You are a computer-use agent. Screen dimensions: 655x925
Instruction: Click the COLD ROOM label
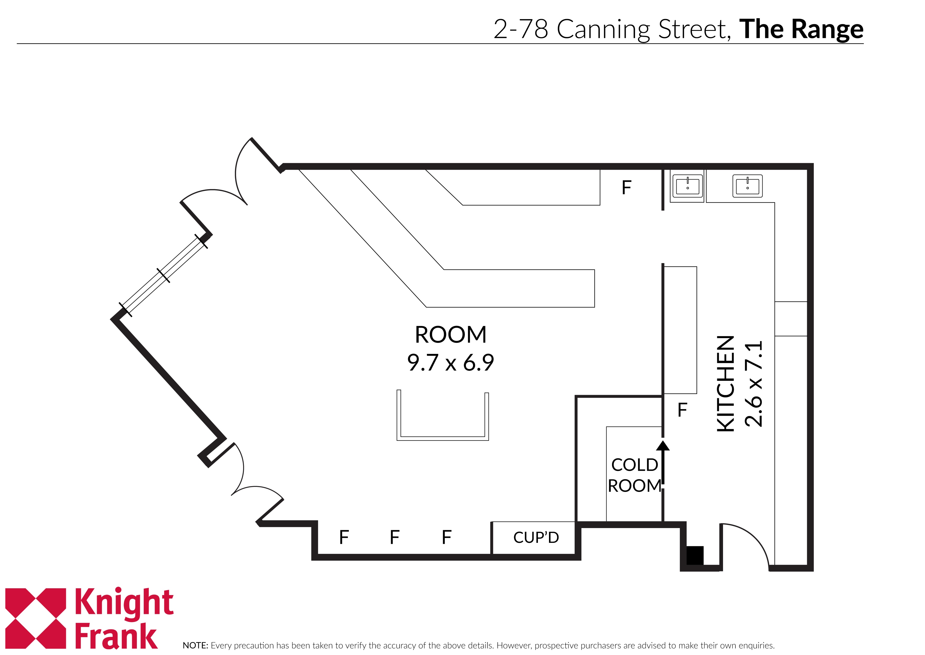coord(634,475)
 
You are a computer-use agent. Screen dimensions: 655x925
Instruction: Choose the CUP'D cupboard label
coord(536,538)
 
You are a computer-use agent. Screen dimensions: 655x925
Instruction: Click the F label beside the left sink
coord(627,188)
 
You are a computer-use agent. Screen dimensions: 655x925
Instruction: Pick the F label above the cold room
coord(682,410)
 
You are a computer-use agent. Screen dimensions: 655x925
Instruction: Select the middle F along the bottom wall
coord(395,537)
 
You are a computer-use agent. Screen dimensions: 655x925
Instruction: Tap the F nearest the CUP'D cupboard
coord(446,537)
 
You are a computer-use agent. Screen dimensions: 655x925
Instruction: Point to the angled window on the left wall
coord(163,276)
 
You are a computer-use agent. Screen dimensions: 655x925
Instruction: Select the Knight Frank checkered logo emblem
coord(35,618)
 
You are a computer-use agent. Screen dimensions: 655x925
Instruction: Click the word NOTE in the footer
coord(195,645)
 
